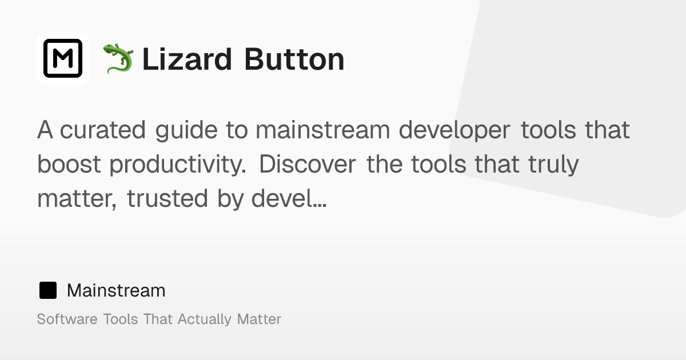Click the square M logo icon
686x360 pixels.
click(63, 58)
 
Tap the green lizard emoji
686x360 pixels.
click(118, 59)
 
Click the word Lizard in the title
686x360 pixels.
click(188, 59)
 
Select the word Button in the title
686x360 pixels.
click(294, 59)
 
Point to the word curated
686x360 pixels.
click(103, 130)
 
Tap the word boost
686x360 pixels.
click(69, 165)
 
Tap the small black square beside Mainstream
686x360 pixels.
click(48, 290)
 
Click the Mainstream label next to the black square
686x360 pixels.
click(116, 290)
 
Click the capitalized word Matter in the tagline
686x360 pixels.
click(259, 319)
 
